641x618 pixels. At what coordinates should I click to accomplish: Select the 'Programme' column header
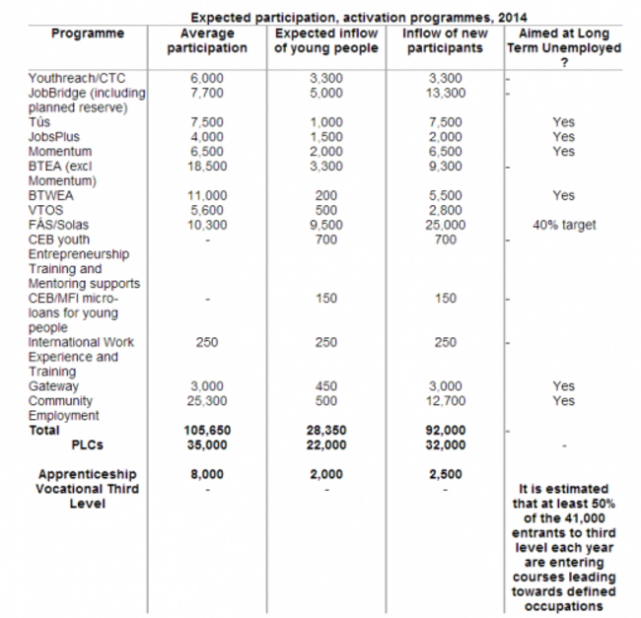click(x=88, y=34)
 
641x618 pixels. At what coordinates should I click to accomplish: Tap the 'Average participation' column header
click(x=208, y=40)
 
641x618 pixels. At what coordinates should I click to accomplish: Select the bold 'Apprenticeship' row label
click(x=88, y=474)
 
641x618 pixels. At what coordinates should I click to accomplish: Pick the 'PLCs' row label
click(x=89, y=445)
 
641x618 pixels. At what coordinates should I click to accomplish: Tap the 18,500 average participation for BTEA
click(x=208, y=167)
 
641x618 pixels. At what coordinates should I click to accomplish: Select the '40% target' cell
click(x=563, y=225)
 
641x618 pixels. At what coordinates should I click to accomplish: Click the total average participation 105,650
click(x=208, y=430)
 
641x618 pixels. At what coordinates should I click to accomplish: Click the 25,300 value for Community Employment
click(x=208, y=401)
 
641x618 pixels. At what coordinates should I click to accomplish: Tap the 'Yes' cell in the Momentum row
click(x=563, y=152)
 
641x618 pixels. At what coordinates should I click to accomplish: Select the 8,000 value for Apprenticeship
click(x=208, y=474)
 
